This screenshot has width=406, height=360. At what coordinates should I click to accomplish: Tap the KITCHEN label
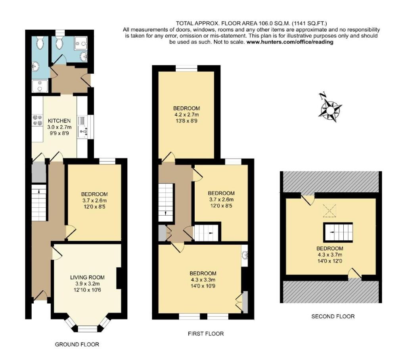pyautogui.click(x=59, y=121)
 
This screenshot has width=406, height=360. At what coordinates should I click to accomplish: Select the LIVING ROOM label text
pyautogui.click(x=87, y=277)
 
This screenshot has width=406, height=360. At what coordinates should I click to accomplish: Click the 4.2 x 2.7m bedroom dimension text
pyautogui.click(x=186, y=115)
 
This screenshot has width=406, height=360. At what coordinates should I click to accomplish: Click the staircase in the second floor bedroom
pyautogui.click(x=338, y=232)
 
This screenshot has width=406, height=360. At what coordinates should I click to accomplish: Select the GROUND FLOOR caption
pyautogui.click(x=77, y=345)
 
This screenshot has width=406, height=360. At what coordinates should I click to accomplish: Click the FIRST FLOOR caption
pyautogui.click(x=205, y=334)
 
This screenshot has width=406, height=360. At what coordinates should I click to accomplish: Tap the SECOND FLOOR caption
pyautogui.click(x=333, y=316)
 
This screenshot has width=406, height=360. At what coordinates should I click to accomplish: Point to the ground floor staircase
pyautogui.click(x=39, y=203)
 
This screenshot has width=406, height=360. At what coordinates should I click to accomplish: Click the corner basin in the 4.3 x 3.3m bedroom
pyautogui.click(x=244, y=254)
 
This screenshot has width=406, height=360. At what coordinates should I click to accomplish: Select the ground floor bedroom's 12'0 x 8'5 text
pyautogui.click(x=94, y=207)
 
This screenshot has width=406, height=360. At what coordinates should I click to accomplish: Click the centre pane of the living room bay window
pyautogui.click(x=88, y=329)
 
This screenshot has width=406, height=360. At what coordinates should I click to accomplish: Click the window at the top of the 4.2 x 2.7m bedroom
pyautogui.click(x=186, y=69)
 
